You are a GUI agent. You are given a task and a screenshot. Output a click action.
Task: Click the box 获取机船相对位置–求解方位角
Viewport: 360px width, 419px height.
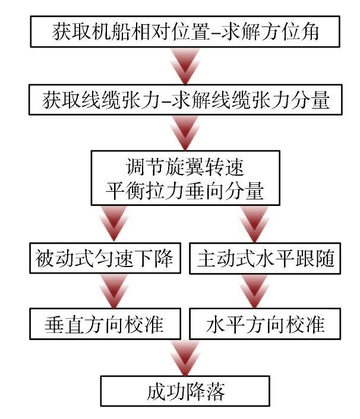coord(185,31)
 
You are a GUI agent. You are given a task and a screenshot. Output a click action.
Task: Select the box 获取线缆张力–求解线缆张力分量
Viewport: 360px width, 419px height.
coord(185,100)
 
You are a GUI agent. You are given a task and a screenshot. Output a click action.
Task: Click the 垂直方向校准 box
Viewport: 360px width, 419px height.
coord(105,324)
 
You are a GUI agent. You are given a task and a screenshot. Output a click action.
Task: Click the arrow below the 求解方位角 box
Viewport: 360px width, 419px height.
coord(185,65)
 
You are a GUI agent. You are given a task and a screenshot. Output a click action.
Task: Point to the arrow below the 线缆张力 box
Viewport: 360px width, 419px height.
coord(185,132)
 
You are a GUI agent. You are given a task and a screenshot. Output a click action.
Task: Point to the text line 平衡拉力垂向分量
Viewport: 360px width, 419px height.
coord(185,191)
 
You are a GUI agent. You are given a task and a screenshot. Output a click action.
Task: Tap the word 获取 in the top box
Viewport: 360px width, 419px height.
coord(62,31)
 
